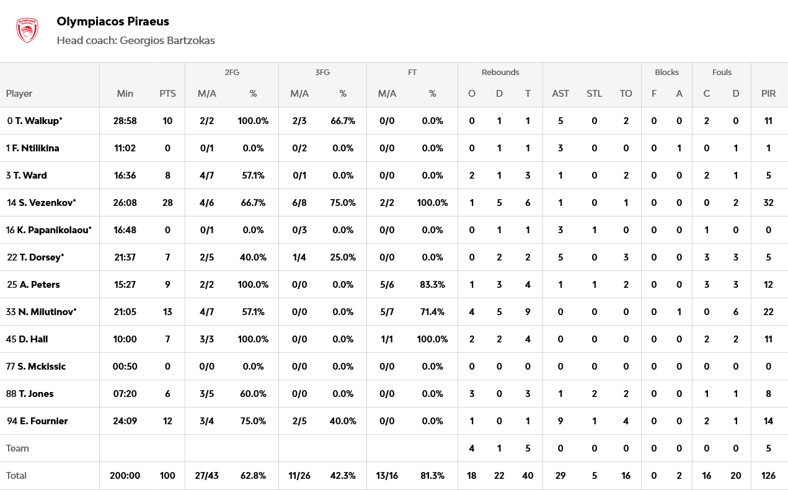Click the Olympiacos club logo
click(x=27, y=30)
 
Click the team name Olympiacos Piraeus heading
click(x=113, y=22)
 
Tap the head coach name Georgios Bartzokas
click(x=167, y=40)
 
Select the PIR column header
click(x=768, y=94)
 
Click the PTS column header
click(x=167, y=94)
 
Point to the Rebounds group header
click(x=500, y=72)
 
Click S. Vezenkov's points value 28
click(x=167, y=203)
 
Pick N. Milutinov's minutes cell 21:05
click(x=125, y=312)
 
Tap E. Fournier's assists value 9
click(x=560, y=421)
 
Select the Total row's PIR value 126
click(x=768, y=476)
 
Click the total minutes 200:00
click(x=125, y=476)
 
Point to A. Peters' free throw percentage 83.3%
click(x=432, y=285)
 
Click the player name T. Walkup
click(x=37, y=121)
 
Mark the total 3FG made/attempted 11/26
click(x=299, y=476)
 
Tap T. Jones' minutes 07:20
click(x=125, y=394)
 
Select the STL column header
click(x=594, y=94)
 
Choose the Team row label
click(x=17, y=448)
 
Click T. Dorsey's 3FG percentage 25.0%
click(x=343, y=257)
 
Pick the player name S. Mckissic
click(x=42, y=367)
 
